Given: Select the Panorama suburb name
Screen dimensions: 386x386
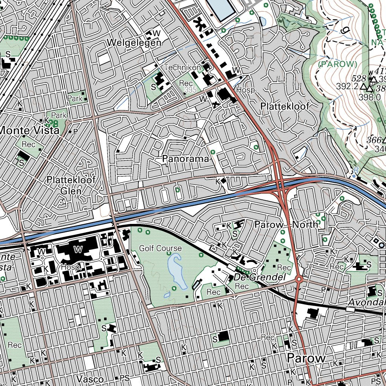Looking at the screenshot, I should [x=185, y=159].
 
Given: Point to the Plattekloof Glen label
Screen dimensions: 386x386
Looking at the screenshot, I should [x=71, y=185].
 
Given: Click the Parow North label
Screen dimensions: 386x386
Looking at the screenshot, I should [x=286, y=225].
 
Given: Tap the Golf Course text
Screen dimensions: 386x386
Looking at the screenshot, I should [x=160, y=248].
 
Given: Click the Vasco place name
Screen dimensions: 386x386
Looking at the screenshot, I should [x=90, y=378].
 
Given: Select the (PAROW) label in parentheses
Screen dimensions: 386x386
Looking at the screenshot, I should [x=338, y=64].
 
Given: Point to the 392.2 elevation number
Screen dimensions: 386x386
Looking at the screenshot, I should [x=347, y=87].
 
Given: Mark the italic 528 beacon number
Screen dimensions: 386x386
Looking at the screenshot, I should [x=359, y=78].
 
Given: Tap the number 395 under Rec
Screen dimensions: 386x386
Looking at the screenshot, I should [x=190, y=90].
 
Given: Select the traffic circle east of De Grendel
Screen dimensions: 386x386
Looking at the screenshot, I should [x=299, y=279].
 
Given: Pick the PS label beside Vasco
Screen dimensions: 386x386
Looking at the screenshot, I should [x=124, y=378].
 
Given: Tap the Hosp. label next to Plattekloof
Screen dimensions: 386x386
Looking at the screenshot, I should [x=247, y=90].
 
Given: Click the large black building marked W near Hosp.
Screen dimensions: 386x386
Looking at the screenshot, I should [x=77, y=249].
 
